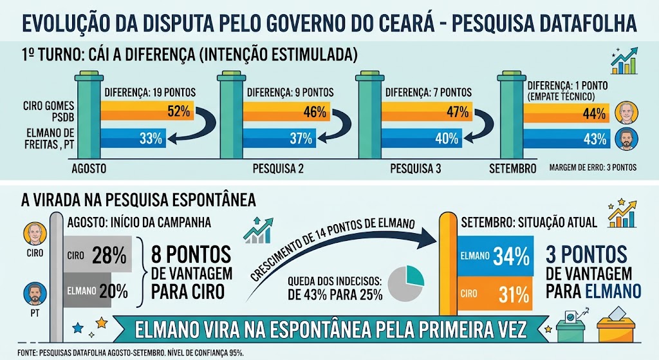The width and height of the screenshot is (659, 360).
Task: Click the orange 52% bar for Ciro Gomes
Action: pyautogui.click(x=147, y=111)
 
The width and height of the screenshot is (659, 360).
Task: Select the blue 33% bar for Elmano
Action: pyautogui.click(x=133, y=138)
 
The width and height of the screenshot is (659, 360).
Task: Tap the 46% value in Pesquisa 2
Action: pyautogui.click(x=315, y=112)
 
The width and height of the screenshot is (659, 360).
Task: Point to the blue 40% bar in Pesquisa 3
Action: pyautogui.click(x=422, y=138)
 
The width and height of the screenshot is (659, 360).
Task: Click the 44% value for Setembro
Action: pyautogui.click(x=595, y=113)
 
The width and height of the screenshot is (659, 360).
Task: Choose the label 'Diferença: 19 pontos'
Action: pyautogui.click(x=150, y=92)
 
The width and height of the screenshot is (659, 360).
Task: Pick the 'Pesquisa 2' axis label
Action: pyautogui.click(x=278, y=169)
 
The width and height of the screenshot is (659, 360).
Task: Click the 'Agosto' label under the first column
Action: pyautogui.click(x=89, y=169)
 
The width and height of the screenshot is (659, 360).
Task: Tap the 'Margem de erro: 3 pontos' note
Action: pyautogui.click(x=593, y=167)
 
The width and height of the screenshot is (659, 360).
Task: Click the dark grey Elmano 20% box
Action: pyautogui.click(x=88, y=290)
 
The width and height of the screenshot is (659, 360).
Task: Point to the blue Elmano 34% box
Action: pyautogui.click(x=496, y=256)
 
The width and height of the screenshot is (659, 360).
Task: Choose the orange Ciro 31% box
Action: pyautogui.click(x=495, y=294)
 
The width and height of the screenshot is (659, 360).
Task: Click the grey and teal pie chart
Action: pyautogui.click(x=405, y=284)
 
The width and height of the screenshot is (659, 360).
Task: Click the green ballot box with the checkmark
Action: pyautogui.click(x=570, y=326)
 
